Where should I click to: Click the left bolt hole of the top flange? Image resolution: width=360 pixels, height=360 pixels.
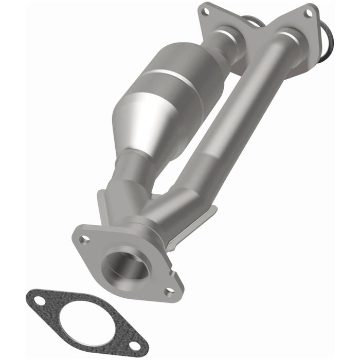click(205, 10)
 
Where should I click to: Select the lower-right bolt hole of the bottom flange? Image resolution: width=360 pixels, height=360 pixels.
click(169, 292)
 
